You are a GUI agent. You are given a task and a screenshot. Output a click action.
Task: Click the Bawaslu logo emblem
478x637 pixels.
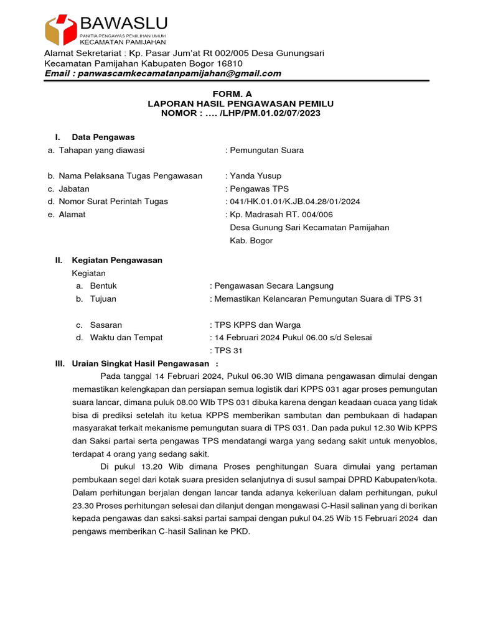60,30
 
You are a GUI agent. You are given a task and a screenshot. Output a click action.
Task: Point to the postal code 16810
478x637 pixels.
228,63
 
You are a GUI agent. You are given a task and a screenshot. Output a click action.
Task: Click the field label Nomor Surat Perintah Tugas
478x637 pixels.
113,202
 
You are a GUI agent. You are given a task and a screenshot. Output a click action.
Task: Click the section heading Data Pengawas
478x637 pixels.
103,137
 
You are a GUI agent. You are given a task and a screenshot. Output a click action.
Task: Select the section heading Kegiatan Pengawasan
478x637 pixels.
117,260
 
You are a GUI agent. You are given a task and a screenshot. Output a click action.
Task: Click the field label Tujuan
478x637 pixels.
103,299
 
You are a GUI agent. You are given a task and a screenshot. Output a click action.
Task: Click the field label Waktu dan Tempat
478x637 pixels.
126,337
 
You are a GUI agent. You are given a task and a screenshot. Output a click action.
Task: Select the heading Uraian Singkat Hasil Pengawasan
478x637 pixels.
140,363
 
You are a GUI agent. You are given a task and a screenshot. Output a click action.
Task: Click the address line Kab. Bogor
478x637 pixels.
251,241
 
